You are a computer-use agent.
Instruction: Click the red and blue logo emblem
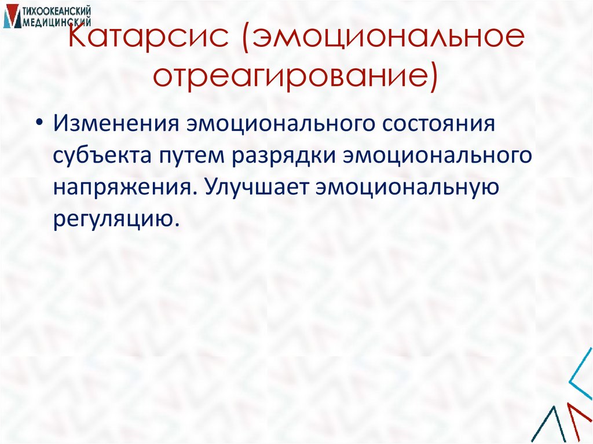click(x=10, y=17)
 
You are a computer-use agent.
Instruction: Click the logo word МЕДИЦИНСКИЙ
click(x=57, y=22)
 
